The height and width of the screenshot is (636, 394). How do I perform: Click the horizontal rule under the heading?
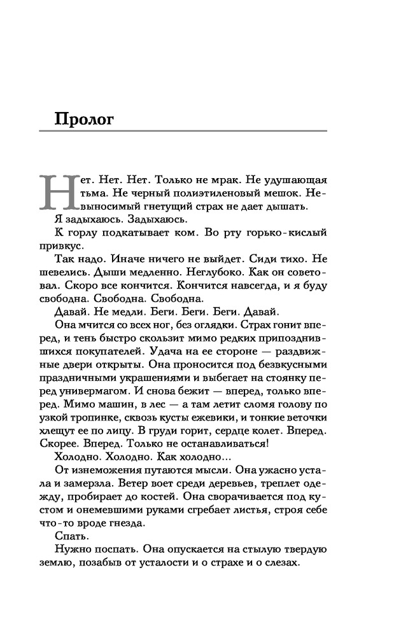click(x=183, y=132)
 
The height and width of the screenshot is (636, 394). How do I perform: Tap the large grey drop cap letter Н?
click(x=55, y=190)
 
